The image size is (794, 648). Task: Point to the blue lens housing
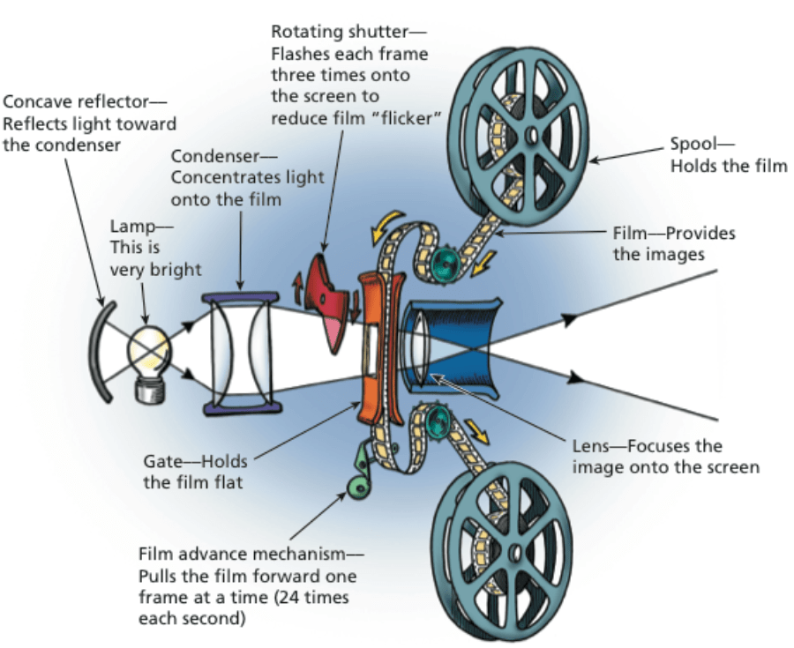tap(459, 343)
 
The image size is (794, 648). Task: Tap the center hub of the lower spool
tap(514, 551)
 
